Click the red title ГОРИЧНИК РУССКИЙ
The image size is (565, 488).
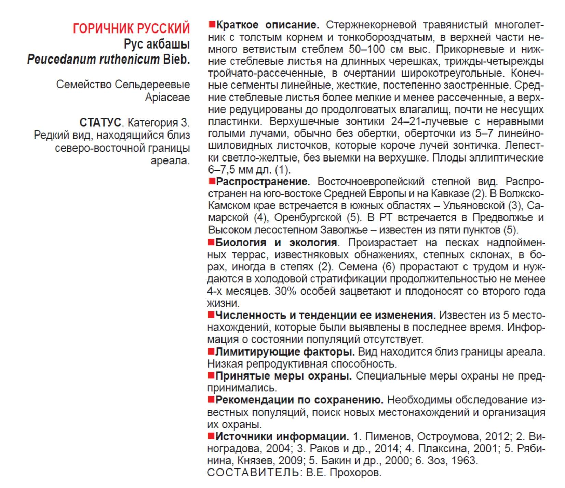coord(131,28)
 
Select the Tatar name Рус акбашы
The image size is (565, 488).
coord(157,44)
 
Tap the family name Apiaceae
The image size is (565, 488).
coord(167,97)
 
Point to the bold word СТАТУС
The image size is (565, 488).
coord(100,122)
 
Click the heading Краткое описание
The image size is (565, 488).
coord(268,25)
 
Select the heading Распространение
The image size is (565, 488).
coord(263,182)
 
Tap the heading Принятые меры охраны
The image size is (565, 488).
coord(283,376)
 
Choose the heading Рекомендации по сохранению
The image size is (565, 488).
coord(299,400)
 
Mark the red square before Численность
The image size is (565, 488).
coord(211,314)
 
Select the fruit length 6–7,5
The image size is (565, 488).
coord(221,170)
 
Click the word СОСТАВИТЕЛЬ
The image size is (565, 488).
coord(253,473)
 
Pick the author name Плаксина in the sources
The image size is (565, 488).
coord(440,448)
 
